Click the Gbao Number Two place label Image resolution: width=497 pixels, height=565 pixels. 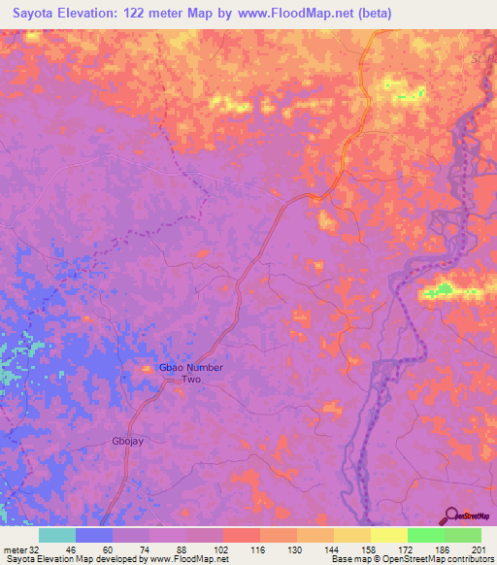191,374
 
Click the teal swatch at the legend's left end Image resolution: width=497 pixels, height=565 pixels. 57,535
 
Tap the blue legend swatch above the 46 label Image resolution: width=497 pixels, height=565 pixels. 94,535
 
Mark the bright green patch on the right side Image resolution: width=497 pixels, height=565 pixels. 443,288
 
